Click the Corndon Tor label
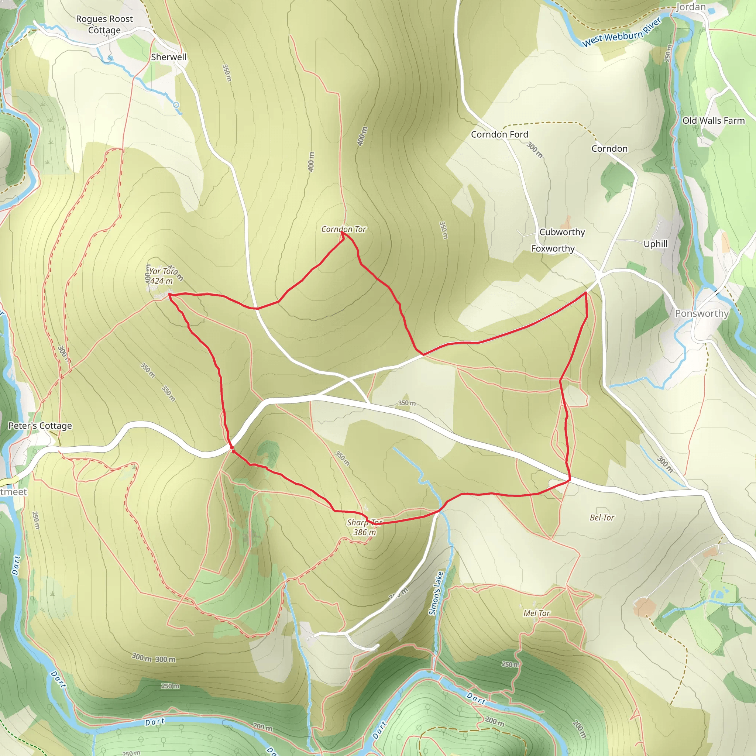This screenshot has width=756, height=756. pyautogui.click(x=344, y=229)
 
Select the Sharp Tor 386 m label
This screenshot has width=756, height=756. pyautogui.click(x=364, y=527)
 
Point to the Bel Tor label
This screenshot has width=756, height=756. pyautogui.click(x=602, y=518)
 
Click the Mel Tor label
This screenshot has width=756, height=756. pyautogui.click(x=536, y=613)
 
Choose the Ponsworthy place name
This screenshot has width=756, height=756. pyautogui.click(x=702, y=313)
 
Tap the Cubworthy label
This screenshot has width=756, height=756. pyautogui.click(x=562, y=232)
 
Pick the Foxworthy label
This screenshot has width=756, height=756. pyautogui.click(x=553, y=248)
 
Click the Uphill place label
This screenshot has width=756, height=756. pyautogui.click(x=656, y=244)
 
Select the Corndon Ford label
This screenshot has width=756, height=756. pyautogui.click(x=499, y=135)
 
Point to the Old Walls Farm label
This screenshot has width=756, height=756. pyautogui.click(x=713, y=120)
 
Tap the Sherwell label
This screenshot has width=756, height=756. pyautogui.click(x=169, y=57)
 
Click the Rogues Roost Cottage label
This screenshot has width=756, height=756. pyautogui.click(x=104, y=24)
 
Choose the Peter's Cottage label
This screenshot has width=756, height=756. pyautogui.click(x=40, y=426)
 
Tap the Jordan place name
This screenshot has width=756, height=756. pyautogui.click(x=691, y=7)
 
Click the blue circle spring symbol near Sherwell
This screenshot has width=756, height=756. pyautogui.click(x=176, y=105)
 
